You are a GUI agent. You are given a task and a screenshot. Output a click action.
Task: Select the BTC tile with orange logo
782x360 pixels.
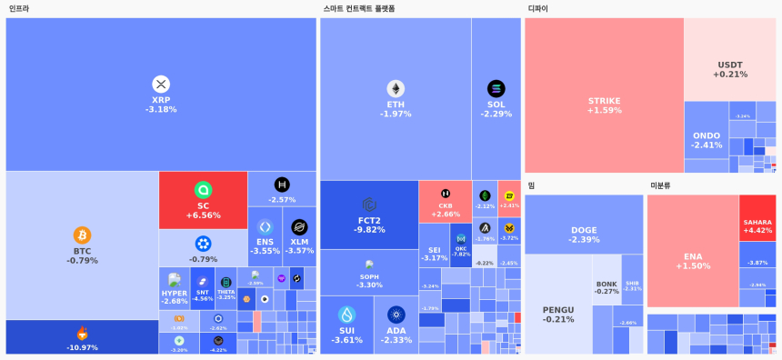coord(82,245)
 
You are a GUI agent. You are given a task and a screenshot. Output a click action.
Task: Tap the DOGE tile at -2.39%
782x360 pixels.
coord(584,234)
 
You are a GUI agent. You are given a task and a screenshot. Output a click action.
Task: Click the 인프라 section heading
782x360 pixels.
coord(19,8)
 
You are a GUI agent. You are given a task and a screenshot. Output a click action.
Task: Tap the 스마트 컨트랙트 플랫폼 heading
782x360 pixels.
coord(359,8)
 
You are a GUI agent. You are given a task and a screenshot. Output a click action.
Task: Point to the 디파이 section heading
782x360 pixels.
coord(537,8)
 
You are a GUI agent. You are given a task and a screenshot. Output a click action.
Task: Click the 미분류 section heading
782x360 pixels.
coord(660,185)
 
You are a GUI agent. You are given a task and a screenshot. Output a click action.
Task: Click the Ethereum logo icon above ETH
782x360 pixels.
coord(396,88)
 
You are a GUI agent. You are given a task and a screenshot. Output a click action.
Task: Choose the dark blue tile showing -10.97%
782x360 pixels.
coord(82,337)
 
